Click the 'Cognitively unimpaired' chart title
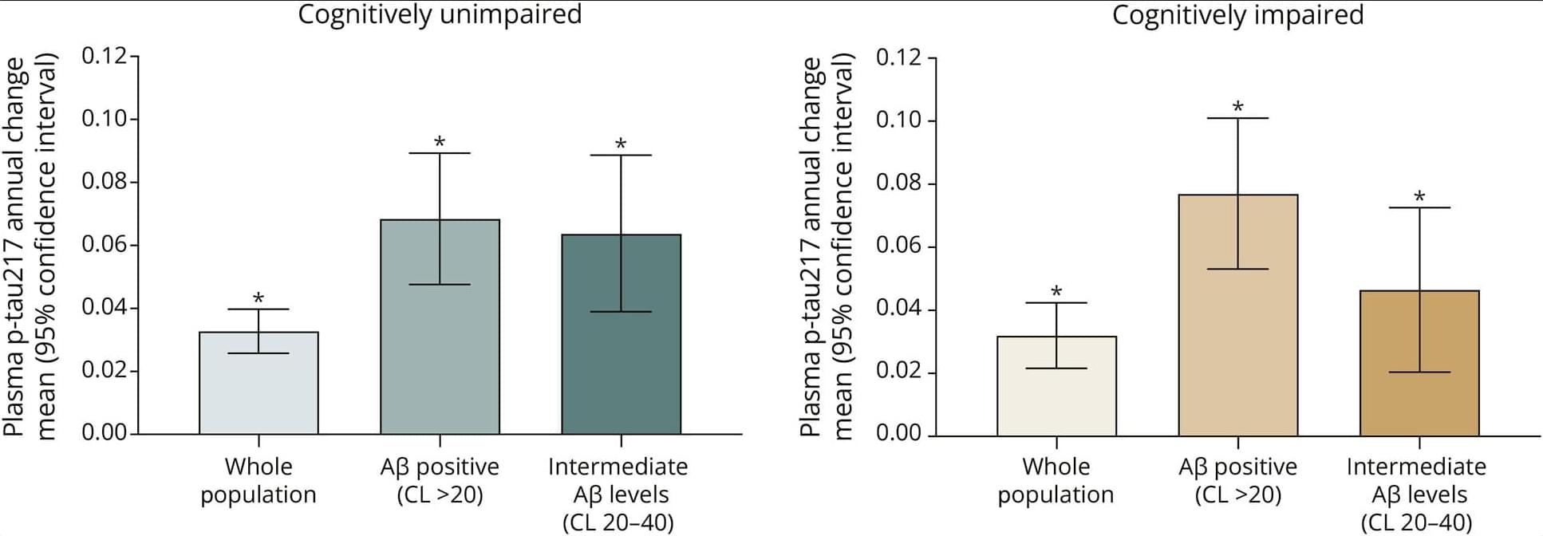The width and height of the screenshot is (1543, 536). click(440, 14)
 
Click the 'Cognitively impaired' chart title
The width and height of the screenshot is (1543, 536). click(1237, 14)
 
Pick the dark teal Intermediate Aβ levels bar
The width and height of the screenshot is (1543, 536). click(621, 367)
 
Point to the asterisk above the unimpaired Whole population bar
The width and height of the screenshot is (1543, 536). click(258, 298)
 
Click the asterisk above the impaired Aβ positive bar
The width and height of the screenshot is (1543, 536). click(1237, 107)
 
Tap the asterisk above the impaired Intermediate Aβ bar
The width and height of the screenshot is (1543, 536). click(1419, 196)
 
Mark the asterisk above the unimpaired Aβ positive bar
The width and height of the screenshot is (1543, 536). click(440, 142)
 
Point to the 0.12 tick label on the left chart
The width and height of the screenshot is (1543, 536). click(105, 56)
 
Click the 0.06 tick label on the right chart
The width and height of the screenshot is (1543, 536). click(899, 245)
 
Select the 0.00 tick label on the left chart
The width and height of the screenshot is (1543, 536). click(105, 432)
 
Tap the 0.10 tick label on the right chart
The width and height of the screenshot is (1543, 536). click(899, 120)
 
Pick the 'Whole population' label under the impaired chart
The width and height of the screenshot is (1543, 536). click(1056, 480)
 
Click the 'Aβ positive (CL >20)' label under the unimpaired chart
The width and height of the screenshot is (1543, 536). click(440, 480)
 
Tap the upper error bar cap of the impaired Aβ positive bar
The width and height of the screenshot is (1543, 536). click(1237, 118)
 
